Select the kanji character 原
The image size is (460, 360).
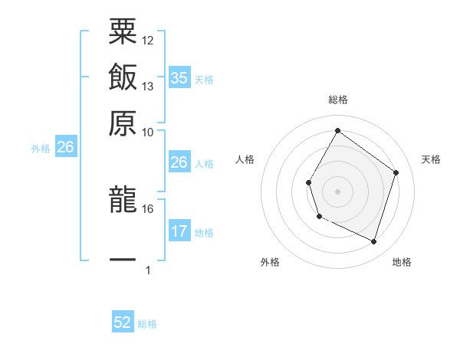click(x=123, y=122)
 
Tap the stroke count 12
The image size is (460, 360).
click(x=148, y=40)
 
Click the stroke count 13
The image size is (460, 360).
click(x=148, y=86)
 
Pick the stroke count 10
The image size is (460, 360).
click(x=148, y=132)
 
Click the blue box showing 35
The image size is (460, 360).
click(x=179, y=78)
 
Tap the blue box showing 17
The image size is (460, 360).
click(x=179, y=231)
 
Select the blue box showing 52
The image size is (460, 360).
click(x=123, y=323)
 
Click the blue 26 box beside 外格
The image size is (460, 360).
click(x=65, y=148)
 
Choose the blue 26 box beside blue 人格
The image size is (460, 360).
click(x=179, y=162)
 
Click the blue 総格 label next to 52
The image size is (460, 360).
click(x=147, y=324)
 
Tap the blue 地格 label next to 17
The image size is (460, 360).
click(x=204, y=233)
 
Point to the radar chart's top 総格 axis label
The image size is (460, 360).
click(x=337, y=100)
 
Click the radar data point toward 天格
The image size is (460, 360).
click(x=396, y=172)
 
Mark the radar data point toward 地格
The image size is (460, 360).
click(x=373, y=242)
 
